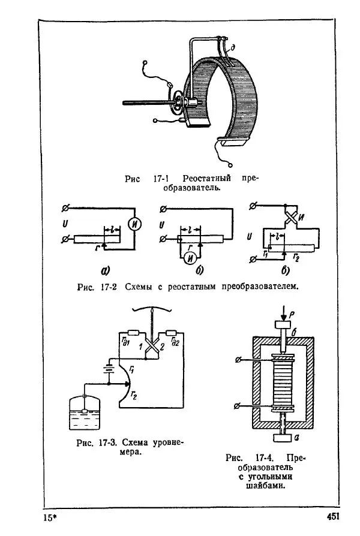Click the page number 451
pos(333,516)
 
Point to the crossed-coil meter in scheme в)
pos(291,216)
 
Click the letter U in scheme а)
pos(64,225)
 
